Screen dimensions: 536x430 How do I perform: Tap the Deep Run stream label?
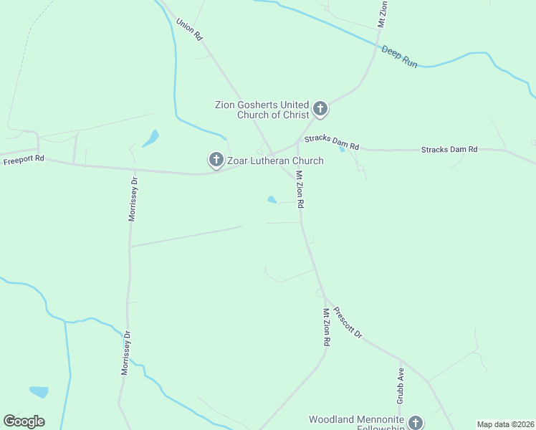coord(399,57)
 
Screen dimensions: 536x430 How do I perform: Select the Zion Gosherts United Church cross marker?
coord(320,110)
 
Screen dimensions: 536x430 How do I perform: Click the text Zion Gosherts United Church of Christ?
coord(262,110)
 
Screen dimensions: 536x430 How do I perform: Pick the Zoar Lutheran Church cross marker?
coord(215,160)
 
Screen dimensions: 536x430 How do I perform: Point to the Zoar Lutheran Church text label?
coord(275,161)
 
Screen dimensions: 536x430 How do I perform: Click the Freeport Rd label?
coord(24,161)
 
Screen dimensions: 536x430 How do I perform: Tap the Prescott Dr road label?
coord(349,325)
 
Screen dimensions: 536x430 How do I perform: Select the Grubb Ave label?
coord(401,384)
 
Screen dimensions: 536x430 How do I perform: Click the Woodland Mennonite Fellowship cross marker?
coord(415,424)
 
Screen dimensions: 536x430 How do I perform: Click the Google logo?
coord(24,421)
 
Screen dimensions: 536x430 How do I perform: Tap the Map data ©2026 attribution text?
coord(505,424)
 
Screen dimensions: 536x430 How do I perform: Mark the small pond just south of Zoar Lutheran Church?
coord(272,200)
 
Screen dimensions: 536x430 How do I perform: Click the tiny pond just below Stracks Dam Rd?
coord(342,149)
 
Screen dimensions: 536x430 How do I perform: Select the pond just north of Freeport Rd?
coord(151,138)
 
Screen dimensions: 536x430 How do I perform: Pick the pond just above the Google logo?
coord(39,392)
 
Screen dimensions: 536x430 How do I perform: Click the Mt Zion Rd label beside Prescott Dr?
coord(326,328)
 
